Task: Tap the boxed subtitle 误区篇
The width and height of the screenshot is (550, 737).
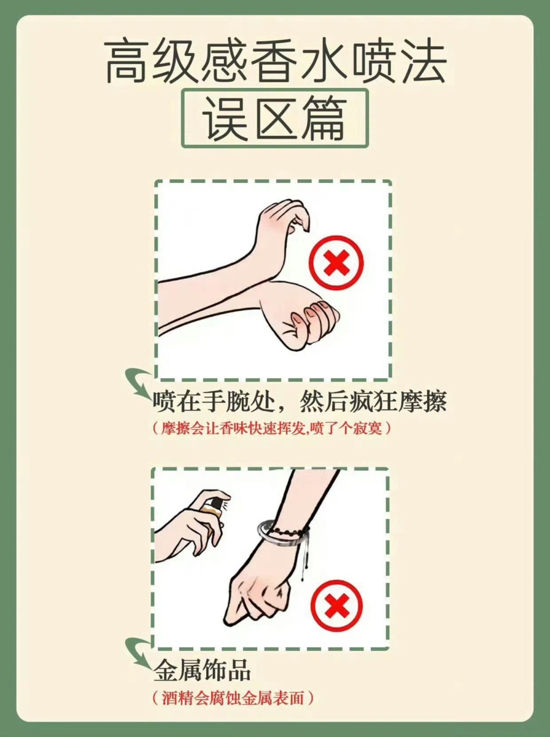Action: click(x=274, y=119)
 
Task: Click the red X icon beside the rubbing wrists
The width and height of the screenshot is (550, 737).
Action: click(x=335, y=265)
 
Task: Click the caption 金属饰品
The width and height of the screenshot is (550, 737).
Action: click(x=202, y=671)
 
